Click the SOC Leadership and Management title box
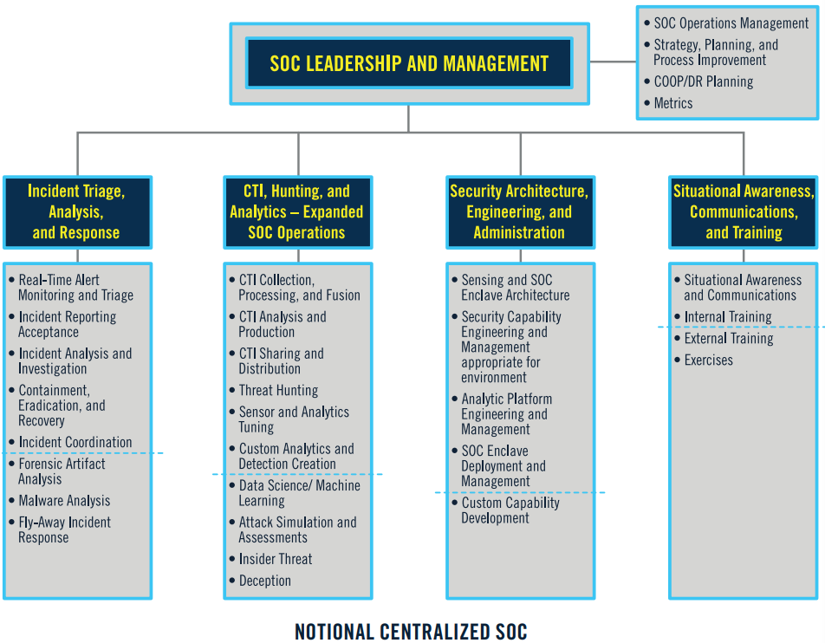409,63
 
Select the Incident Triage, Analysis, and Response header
76,212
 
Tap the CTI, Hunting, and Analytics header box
297,212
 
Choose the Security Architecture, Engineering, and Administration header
519,212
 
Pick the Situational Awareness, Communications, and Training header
744,212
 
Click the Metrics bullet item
673,103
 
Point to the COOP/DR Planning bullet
704,81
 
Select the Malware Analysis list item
65,501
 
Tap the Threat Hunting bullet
278,391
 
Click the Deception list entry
265,581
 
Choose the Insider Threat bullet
276,559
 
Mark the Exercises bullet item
708,360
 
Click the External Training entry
729,338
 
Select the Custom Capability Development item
510,510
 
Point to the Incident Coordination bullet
75,442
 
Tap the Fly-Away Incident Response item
65,529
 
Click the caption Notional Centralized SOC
411,632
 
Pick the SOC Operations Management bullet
731,23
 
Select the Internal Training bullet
728,316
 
